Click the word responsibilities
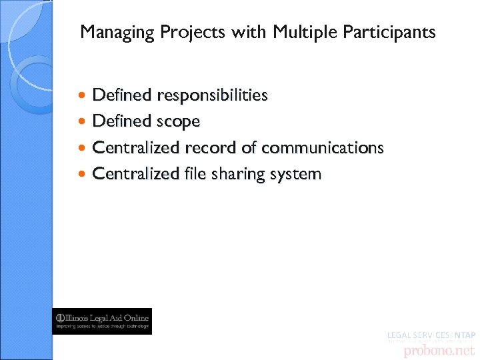212,95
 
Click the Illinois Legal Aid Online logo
102,321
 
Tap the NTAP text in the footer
463,335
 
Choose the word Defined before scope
122,121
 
